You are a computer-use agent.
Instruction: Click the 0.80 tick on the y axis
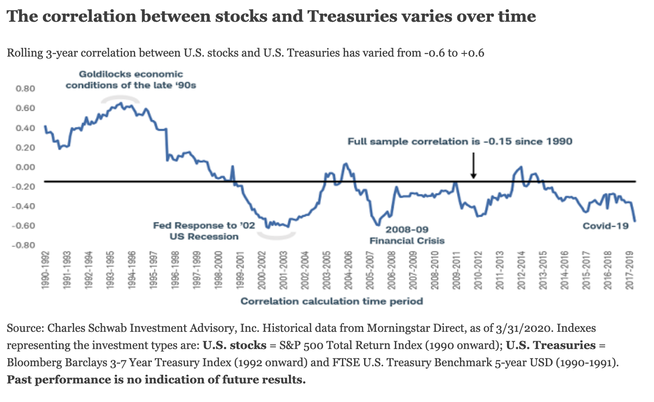click(25, 89)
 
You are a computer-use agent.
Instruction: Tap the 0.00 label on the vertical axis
click(25, 167)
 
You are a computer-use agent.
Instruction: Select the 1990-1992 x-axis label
click(45, 270)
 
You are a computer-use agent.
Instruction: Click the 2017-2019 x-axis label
click(629, 270)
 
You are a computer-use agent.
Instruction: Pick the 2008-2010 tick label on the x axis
click(435, 270)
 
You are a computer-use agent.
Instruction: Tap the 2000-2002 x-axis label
click(261, 270)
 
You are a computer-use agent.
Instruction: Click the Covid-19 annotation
click(606, 226)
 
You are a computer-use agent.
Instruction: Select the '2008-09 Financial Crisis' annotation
click(407, 235)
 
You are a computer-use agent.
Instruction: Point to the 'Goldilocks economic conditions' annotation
click(131, 80)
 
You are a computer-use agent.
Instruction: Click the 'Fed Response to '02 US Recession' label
click(204, 231)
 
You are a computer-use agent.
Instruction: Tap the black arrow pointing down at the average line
click(474, 166)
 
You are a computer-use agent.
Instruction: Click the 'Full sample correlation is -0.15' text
click(460, 142)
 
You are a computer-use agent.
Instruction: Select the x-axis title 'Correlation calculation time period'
click(332, 301)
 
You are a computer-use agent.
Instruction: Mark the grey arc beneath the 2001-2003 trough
click(276, 236)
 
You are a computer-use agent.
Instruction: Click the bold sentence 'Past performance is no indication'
click(156, 379)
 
